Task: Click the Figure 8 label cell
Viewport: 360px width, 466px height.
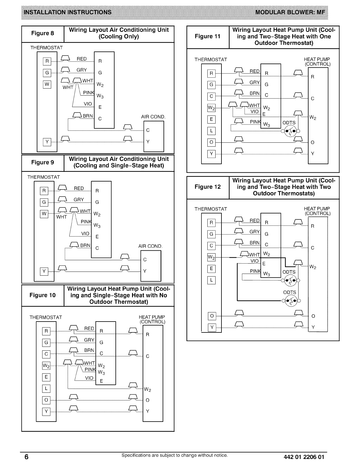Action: [43, 33]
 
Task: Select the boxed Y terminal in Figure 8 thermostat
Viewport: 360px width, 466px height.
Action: [47, 142]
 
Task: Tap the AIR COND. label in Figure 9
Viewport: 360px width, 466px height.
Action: [150, 246]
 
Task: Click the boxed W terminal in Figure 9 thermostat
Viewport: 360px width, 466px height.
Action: [44, 214]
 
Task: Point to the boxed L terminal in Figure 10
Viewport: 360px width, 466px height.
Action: [46, 389]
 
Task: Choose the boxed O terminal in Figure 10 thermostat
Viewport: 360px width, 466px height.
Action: [46, 400]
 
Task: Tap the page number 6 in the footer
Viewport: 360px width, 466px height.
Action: [26, 457]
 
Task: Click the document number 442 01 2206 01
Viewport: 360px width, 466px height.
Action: [304, 457]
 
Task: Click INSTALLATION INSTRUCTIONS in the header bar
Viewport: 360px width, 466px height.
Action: [68, 12]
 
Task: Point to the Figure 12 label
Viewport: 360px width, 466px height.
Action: [208, 187]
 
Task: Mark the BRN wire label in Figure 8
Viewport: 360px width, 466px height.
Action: [88, 116]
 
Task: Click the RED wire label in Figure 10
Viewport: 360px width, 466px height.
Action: [89, 328]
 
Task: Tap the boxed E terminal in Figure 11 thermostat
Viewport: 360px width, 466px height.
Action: [211, 119]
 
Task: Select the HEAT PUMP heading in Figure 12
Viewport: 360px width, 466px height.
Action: [317, 209]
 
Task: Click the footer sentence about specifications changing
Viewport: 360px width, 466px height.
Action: [175, 455]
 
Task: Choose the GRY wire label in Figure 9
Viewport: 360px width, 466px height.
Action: [79, 199]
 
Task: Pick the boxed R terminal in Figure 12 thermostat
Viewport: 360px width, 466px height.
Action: [211, 223]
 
